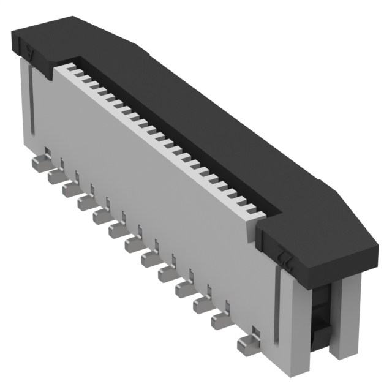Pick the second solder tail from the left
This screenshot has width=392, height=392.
(56, 176)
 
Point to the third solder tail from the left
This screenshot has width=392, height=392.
(70, 189)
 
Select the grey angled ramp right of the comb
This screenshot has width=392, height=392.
(251, 230)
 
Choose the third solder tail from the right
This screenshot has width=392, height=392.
(200, 304)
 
